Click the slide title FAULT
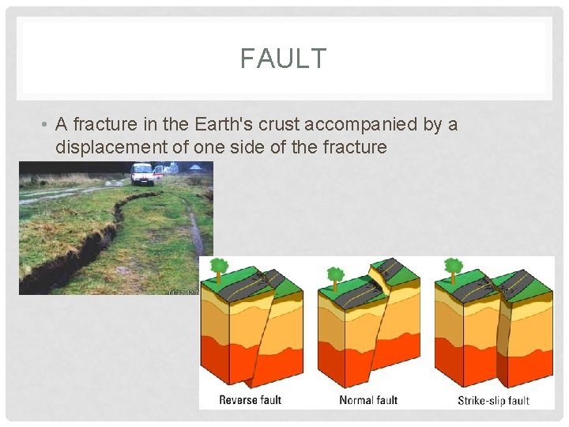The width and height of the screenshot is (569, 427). click(283, 59)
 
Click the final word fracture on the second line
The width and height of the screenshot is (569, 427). click(356, 146)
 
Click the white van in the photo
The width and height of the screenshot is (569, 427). click(142, 173)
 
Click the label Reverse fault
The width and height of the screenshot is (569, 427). click(250, 399)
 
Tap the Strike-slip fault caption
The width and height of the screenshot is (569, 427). click(493, 400)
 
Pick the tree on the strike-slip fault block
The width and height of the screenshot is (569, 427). click(454, 267)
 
